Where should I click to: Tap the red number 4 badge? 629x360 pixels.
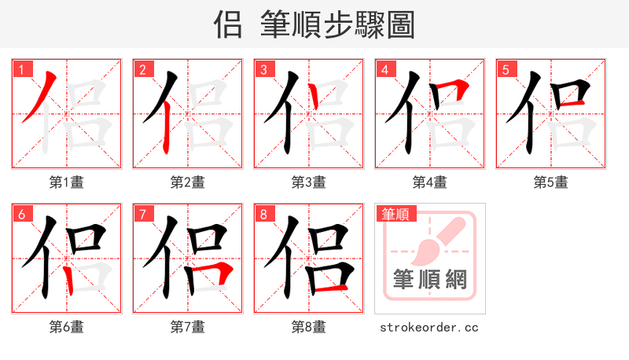point(384,70)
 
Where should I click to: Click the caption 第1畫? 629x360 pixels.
point(67,182)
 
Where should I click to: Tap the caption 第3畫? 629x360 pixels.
point(309,182)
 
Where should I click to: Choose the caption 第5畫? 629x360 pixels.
point(551,182)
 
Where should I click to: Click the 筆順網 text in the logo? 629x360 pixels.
point(430,278)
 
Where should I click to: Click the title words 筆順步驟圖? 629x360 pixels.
point(337,25)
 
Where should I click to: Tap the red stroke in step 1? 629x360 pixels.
point(39,97)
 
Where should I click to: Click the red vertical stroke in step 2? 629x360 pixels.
point(167,130)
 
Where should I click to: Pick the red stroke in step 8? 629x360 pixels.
point(329,288)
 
